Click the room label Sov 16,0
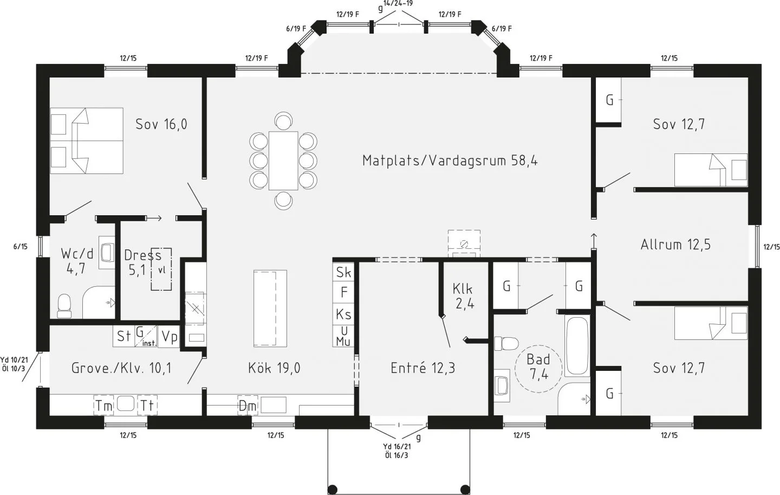161,124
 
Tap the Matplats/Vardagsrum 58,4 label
450,160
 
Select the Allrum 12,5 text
675,245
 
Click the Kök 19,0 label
274,368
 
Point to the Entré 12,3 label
422,368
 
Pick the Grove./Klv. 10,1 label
121,368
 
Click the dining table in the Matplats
283,160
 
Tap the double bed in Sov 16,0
87,140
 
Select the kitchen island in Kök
270,307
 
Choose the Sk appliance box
343,272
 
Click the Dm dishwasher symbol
247,406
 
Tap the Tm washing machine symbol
104,406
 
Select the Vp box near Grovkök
170,337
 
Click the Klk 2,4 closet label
463,296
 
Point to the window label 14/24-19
398,3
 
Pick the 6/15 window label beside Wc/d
20,247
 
